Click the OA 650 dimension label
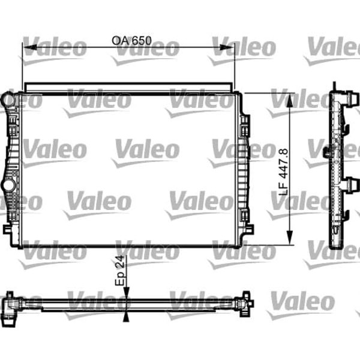[131, 41]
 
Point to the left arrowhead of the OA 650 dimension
[26, 47]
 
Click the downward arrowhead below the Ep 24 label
[125, 290]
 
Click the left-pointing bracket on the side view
[326, 151]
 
